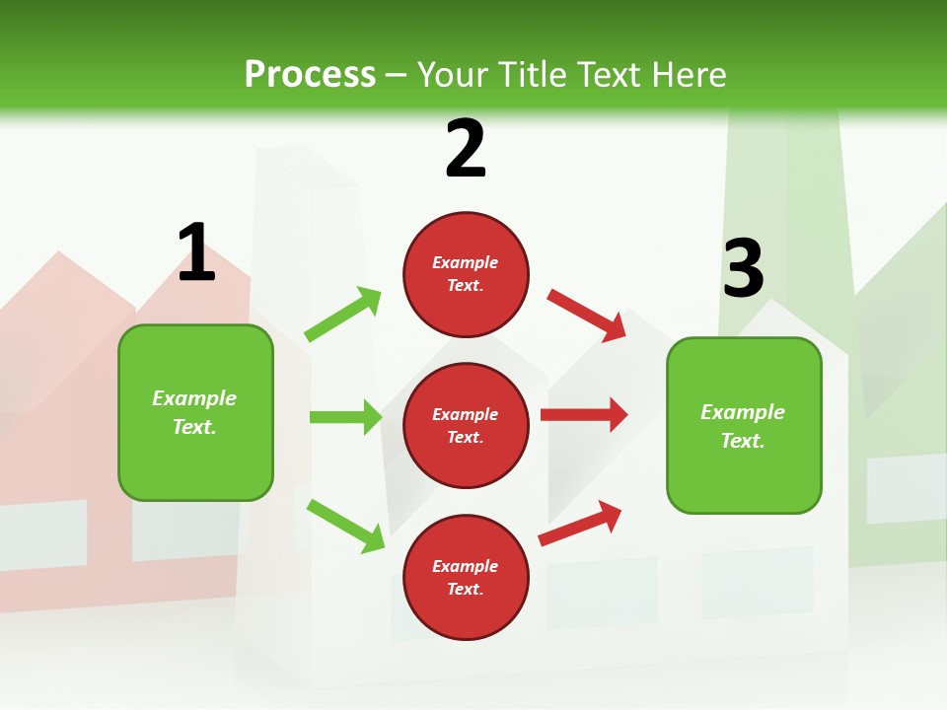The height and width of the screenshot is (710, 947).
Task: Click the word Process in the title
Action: point(310,75)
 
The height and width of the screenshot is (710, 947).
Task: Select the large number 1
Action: point(196,253)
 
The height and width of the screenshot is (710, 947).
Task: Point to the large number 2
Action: point(466,149)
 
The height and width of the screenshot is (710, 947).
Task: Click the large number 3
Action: point(743,269)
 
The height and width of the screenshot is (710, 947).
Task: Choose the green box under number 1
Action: point(195,412)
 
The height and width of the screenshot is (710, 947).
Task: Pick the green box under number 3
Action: point(744,425)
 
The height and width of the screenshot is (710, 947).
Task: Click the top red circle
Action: point(466,274)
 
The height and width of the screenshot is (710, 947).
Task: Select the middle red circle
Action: point(466,425)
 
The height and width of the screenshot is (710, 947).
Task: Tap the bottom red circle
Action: point(466,577)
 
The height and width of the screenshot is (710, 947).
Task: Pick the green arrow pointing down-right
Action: point(345,526)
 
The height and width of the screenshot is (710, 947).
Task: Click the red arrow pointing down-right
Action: point(586,315)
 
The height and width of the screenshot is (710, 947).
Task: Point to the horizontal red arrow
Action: point(584,414)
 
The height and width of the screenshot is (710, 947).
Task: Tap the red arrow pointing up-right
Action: point(580,523)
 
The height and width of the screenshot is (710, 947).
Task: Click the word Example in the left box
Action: point(194,398)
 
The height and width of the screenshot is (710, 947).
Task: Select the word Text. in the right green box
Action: point(743,441)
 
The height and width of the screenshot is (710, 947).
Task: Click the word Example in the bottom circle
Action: point(465,566)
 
